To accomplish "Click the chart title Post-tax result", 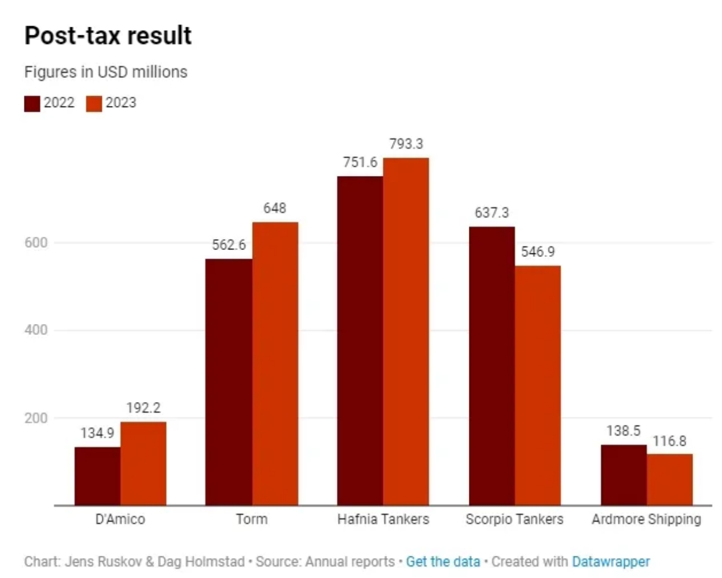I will [108, 35].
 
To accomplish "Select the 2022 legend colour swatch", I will [32, 104].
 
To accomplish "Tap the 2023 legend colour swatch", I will [94, 104].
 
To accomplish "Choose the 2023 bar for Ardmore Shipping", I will [670, 479].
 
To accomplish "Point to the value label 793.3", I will [406, 144].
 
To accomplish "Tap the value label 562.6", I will [229, 245].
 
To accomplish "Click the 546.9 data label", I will [538, 252].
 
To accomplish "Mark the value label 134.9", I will [97, 433].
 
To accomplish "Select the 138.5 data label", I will [623, 431].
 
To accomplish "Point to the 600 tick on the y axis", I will [36, 243].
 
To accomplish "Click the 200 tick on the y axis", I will [36, 418].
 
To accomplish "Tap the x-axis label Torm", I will [251, 519].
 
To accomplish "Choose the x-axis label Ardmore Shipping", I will [646, 519].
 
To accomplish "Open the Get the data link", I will [443, 562].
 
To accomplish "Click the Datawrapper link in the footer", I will [610, 562].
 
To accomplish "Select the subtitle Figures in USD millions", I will [106, 72].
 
